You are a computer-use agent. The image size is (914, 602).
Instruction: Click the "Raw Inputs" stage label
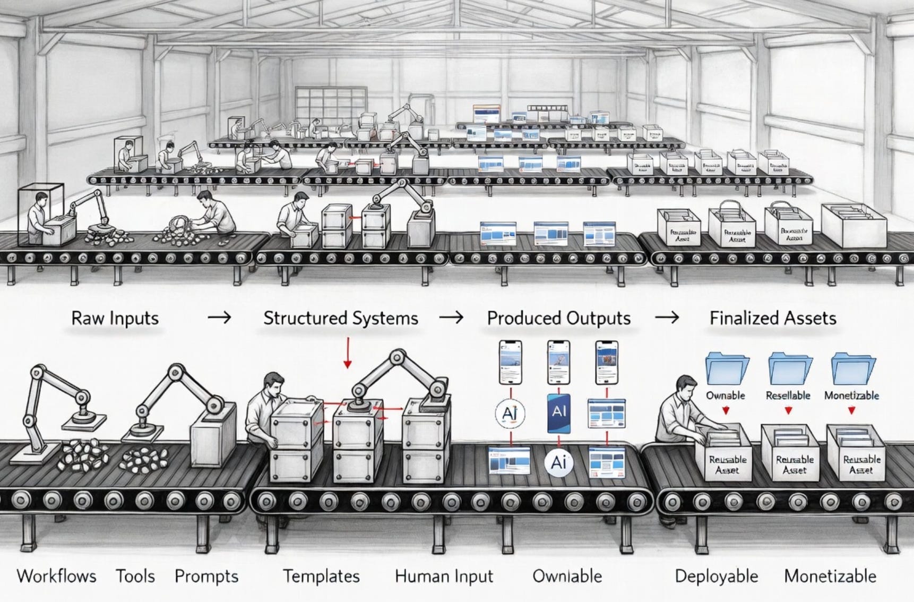[x=115, y=318]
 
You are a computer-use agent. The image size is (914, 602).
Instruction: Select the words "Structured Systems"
[x=341, y=318]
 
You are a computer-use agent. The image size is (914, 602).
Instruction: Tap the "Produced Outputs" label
[x=559, y=318]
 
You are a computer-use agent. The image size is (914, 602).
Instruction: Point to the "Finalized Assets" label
[x=773, y=318]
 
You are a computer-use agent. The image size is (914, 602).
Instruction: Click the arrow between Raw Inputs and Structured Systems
[x=219, y=318]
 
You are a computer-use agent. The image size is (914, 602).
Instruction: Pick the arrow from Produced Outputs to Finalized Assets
[x=667, y=318]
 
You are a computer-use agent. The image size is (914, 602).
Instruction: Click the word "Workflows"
[x=57, y=576]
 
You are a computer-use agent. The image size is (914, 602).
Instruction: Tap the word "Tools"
[x=135, y=576]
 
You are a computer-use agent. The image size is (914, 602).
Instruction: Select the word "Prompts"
[x=206, y=576]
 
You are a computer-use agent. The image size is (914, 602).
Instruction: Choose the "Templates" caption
[x=321, y=576]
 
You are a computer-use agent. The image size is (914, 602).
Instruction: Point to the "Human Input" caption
[x=444, y=576]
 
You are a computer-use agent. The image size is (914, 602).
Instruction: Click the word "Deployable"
[x=717, y=576]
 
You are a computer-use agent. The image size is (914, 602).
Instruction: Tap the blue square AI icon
[x=559, y=412]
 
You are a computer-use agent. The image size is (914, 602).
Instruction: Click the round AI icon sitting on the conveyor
[x=559, y=462]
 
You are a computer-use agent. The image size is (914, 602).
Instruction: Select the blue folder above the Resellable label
[x=790, y=369]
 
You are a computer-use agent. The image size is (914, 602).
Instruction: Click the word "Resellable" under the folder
[x=788, y=395]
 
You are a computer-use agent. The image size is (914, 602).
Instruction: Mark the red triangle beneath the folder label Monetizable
[x=851, y=410]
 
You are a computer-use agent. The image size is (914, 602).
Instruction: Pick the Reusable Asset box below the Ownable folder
[x=727, y=454]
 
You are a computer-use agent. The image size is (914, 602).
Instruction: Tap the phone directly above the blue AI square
[x=559, y=362]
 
